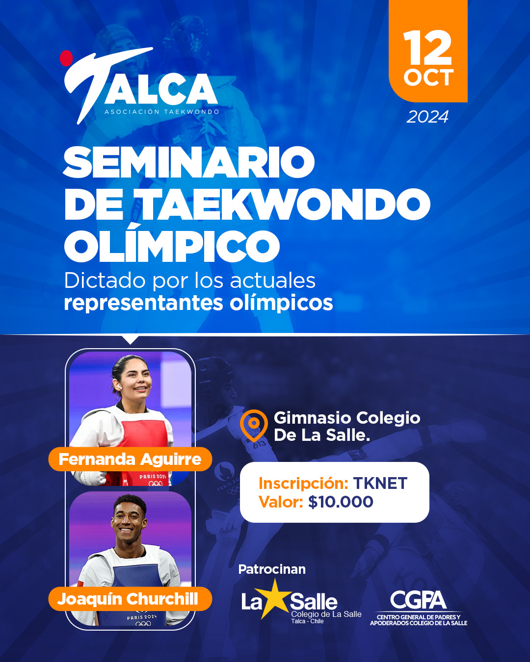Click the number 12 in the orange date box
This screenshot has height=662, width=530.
(x=427, y=48)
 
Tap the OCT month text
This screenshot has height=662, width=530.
(x=428, y=77)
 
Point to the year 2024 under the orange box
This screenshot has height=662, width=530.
(x=427, y=117)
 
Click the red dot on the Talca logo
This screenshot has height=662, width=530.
(x=66, y=58)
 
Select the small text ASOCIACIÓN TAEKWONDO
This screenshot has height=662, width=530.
(x=162, y=112)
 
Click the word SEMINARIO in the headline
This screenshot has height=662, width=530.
(x=189, y=163)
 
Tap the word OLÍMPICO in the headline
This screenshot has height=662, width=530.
(x=172, y=246)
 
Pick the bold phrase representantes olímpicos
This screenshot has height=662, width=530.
(x=198, y=303)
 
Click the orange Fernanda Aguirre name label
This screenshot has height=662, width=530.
(x=130, y=459)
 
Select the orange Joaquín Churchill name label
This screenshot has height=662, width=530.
(x=129, y=599)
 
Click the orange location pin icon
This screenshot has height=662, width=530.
(x=254, y=424)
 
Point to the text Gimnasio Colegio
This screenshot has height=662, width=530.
(x=347, y=418)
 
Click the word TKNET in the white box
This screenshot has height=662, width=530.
(x=380, y=484)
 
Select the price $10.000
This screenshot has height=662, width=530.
(x=341, y=502)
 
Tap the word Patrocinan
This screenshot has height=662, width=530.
(x=272, y=569)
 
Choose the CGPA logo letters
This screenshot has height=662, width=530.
(x=418, y=600)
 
